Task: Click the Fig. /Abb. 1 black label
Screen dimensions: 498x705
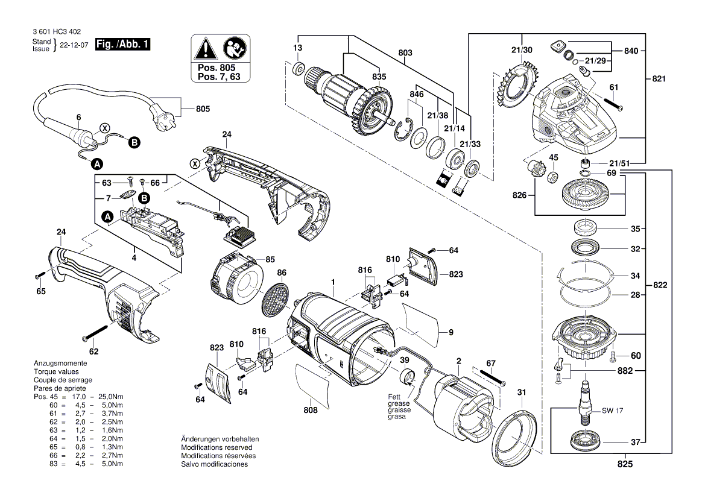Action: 122,45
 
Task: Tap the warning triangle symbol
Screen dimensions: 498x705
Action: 206,47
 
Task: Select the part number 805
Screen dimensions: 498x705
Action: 203,109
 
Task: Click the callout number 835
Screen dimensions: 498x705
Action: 379,77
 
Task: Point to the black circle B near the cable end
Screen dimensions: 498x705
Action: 134,142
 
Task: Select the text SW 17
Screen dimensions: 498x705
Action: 612,411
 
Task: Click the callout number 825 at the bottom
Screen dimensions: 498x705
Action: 625,465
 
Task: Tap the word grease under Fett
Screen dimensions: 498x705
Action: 398,403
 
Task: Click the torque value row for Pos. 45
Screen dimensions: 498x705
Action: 78,397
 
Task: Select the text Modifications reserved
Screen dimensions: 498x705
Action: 217,447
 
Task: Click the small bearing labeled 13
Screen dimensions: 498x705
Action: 298,70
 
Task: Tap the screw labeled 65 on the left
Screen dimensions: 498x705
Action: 38,275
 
